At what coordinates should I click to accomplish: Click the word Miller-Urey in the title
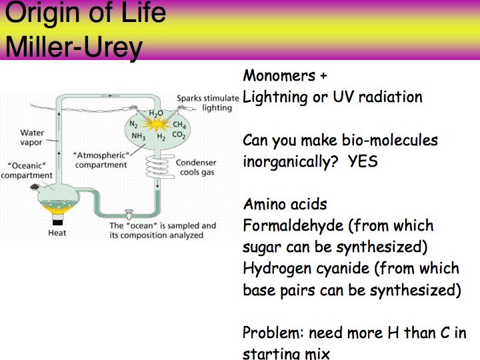tap(74, 47)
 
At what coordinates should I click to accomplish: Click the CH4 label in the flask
tap(179, 125)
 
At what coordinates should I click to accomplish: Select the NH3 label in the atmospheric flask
tap(139, 136)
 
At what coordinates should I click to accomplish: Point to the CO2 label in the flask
tap(179, 135)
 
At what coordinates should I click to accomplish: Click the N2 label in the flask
tap(133, 124)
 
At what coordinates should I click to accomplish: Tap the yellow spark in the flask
tap(157, 125)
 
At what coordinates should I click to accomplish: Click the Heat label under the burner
tap(57, 233)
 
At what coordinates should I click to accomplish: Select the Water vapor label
tap(32, 137)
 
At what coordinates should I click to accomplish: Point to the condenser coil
tap(158, 166)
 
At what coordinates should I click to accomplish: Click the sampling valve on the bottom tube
tap(128, 214)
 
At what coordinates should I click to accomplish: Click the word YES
tap(363, 161)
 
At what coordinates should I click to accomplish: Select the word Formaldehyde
tap(293, 226)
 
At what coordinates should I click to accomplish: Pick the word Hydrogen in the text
tap(277, 269)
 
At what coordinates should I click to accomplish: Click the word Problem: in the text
tap(273, 333)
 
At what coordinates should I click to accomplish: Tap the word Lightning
tap(275, 97)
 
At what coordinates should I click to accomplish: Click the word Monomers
tap(279, 75)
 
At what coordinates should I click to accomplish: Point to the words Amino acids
tap(285, 204)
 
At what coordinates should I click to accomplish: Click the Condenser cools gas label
tap(196, 167)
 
